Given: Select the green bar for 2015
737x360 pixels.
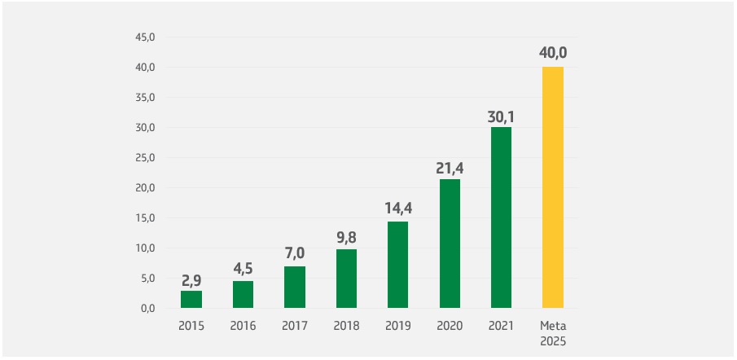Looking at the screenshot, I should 191,299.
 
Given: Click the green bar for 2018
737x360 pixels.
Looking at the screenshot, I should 346,279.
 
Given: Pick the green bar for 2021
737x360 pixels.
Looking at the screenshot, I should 501,217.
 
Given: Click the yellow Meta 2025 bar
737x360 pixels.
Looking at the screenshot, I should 553,187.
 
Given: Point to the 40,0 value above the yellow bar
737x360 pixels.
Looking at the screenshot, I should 553,53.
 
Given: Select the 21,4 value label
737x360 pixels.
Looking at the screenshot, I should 450,168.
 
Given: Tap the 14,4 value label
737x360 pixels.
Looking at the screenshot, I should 398,209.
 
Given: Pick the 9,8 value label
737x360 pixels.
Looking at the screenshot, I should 346,238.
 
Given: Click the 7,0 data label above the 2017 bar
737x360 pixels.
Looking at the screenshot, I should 295,254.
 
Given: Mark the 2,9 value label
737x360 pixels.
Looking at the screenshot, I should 191,279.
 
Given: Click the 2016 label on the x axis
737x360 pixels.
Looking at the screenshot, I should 243,327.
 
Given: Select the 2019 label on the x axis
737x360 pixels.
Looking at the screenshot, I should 398,327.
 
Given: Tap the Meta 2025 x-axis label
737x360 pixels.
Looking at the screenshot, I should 553,333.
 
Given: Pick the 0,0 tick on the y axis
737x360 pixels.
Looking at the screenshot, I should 147,309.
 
